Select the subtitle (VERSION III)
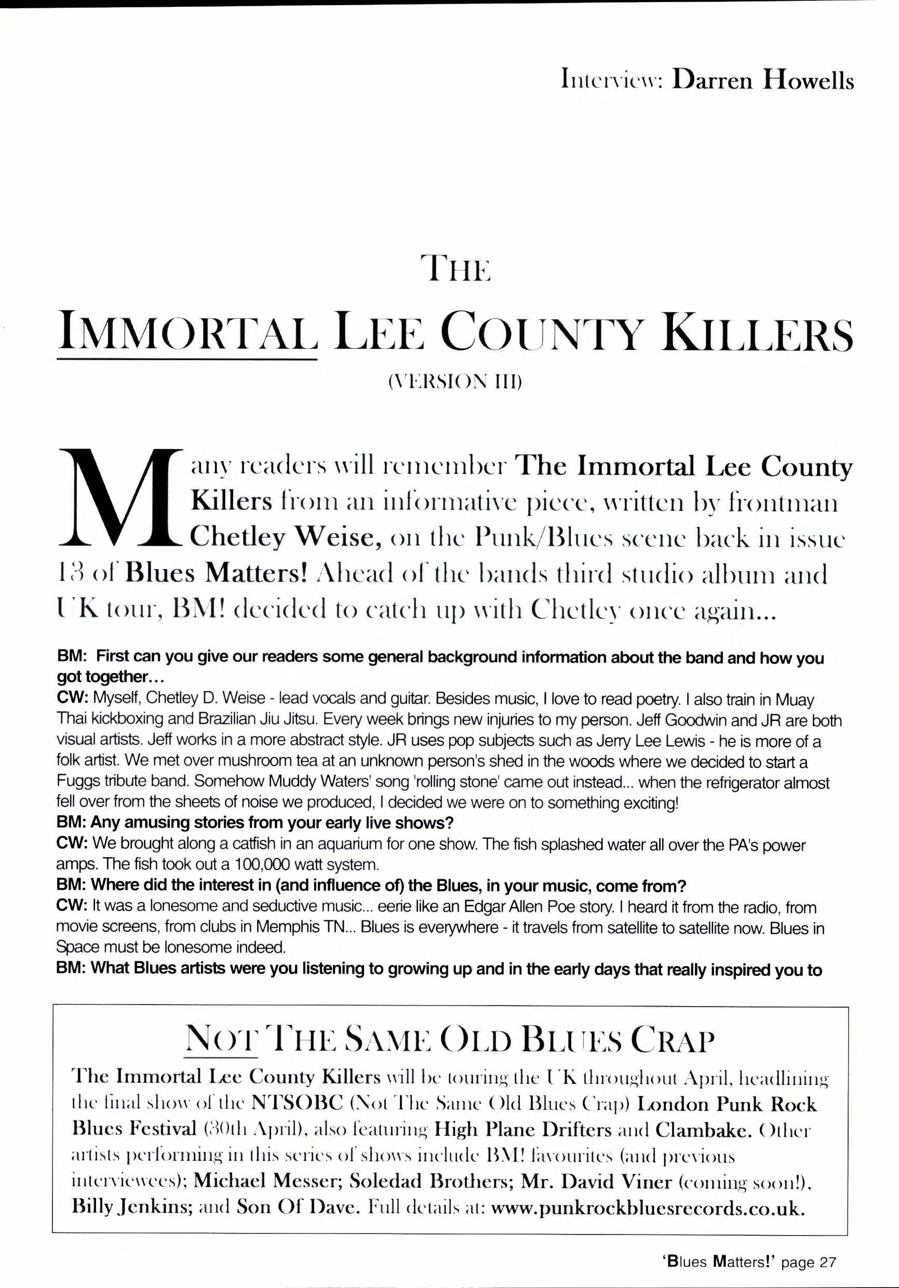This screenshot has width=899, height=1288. click(454, 383)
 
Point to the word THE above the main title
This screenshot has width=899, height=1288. click(458, 270)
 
